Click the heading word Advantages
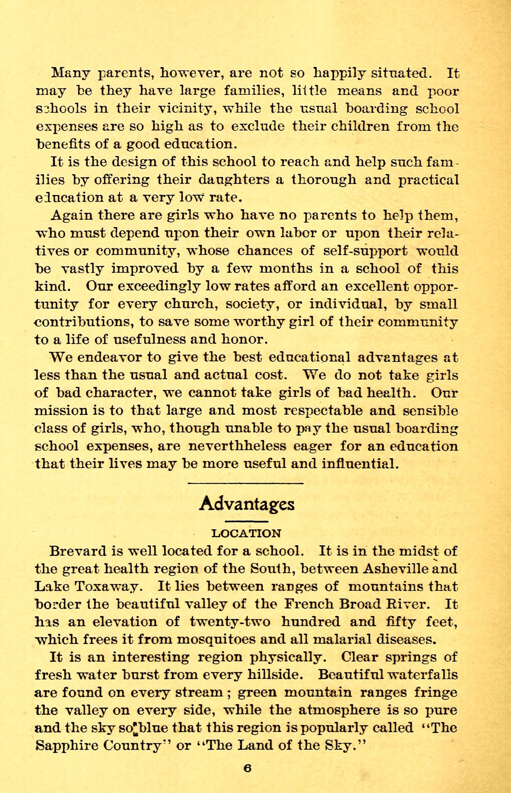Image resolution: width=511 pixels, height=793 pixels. [247, 504]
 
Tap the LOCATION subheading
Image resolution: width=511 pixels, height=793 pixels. [246, 533]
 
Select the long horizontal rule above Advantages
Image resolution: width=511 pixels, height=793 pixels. [246, 483]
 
